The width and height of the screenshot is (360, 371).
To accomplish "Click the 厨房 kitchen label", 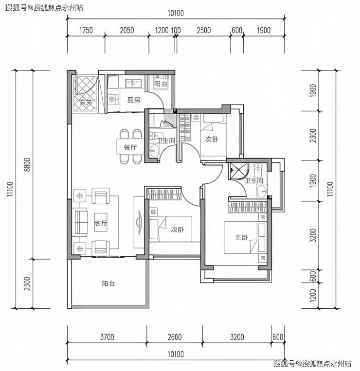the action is click(133, 100).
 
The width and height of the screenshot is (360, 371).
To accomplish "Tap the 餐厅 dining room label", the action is click(130, 148).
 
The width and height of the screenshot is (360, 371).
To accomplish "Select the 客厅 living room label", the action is click(101, 223).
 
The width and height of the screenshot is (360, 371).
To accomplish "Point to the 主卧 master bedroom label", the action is click(241, 237).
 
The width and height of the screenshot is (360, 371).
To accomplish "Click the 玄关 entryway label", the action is click(86, 103).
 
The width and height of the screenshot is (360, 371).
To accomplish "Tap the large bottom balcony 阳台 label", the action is click(108, 283).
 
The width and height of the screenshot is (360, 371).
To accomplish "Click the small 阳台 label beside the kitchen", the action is click(161, 84).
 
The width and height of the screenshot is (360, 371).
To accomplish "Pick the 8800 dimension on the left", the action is click(28, 165).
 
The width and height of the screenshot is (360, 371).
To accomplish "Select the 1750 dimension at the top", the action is click(86, 30).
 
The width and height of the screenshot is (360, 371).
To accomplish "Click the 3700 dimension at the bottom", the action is click(107, 337).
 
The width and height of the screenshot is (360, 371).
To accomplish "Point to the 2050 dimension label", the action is click(127, 30).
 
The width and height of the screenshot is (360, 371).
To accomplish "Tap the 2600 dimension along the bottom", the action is click(175, 337).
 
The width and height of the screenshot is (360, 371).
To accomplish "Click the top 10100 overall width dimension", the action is click(176, 13).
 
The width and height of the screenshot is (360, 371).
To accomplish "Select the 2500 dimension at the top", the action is click(203, 30).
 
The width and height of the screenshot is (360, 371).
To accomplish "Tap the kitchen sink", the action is click(133, 83).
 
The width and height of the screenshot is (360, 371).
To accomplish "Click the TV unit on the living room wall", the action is click(139, 222).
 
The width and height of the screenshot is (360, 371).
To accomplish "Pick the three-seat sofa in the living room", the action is click(80, 222).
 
